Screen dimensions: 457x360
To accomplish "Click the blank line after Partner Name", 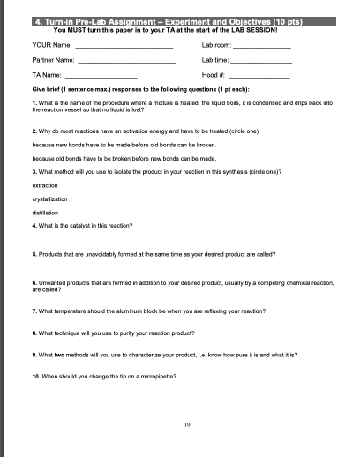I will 128,61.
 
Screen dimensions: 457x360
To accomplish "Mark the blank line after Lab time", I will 261,61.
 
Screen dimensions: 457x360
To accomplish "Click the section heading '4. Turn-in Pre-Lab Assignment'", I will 106,20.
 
